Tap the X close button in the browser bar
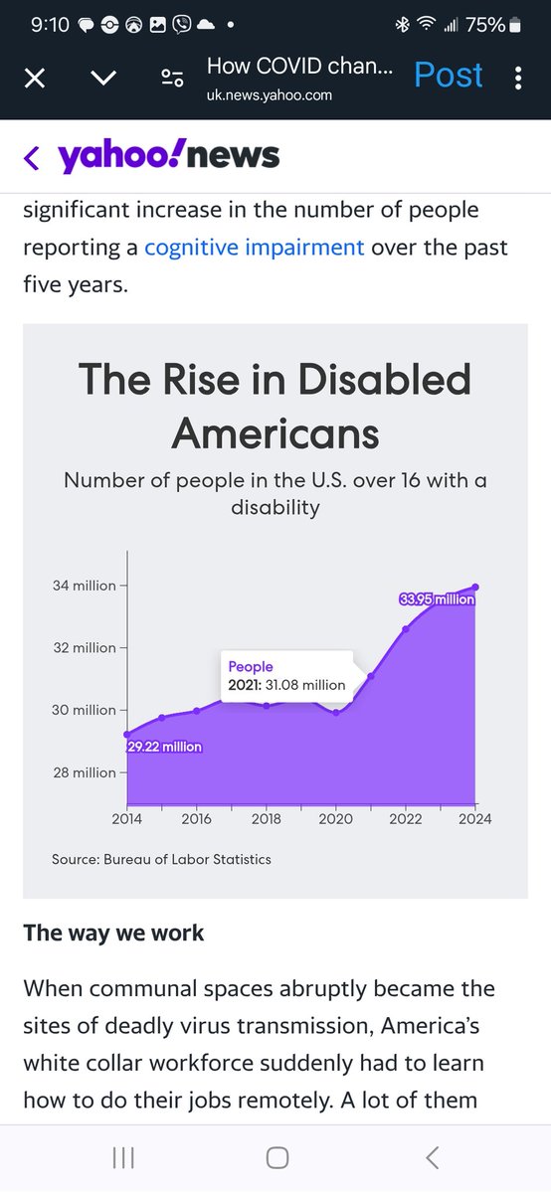pos(34,78)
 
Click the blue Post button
pos(448,76)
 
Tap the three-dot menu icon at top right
pos(518,78)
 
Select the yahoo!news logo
pos(168,156)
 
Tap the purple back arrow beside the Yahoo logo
pos(32,157)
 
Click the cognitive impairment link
pos(254,247)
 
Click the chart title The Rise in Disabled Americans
pos(275,406)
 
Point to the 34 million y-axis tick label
pos(85,586)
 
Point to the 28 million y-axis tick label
pos(85,772)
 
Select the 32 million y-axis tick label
pos(85,648)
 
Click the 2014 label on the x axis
pos(127,820)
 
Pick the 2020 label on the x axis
pos(336,820)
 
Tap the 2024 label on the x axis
pos(475,820)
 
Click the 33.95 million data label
pos(437,599)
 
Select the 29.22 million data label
pos(165,747)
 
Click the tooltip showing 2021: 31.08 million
pos(286,676)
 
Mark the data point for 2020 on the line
pos(336,712)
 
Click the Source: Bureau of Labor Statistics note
pos(161,859)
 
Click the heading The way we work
pos(113,933)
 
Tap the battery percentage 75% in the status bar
pos(486,25)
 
